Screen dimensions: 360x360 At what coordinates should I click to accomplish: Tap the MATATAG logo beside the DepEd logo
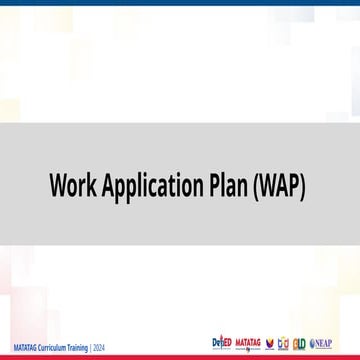click(248, 343)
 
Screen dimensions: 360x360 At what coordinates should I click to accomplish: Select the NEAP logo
click(322, 343)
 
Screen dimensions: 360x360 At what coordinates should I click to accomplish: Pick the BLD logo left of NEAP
click(299, 343)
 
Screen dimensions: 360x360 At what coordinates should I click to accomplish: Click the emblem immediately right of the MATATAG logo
click(269, 343)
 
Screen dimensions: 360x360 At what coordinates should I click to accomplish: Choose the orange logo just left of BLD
click(283, 343)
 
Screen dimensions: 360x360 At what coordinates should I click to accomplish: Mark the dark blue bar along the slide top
click(180, 3)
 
